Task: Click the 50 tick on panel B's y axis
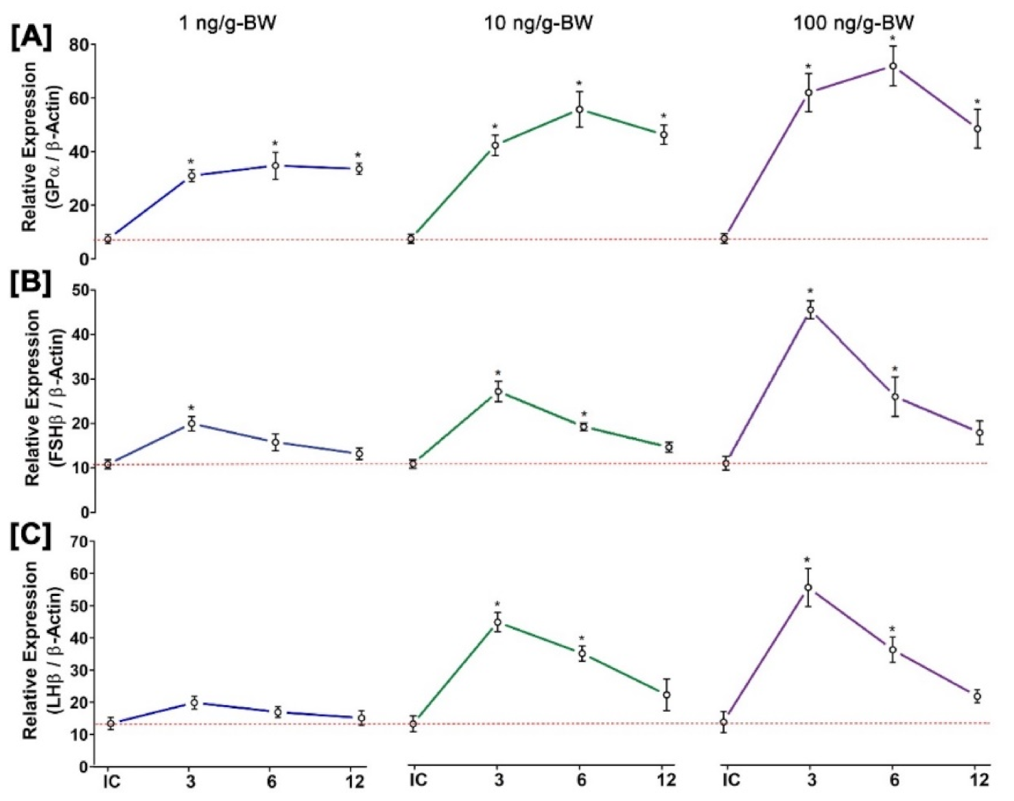80,290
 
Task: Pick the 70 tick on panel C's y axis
80,542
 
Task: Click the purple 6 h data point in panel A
893,66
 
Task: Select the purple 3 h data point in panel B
810,310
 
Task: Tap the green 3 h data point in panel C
497,623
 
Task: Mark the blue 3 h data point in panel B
192,424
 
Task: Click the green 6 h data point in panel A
580,109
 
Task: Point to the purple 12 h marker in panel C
977,696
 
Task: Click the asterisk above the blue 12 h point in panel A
358,156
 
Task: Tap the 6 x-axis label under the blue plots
272,780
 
